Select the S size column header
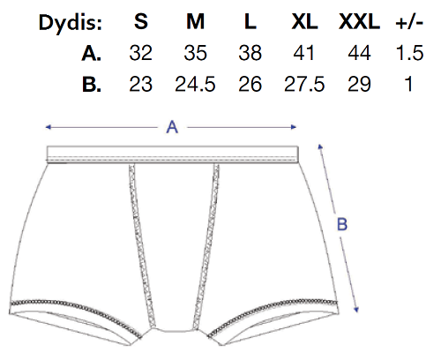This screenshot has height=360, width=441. pyautogui.click(x=141, y=21)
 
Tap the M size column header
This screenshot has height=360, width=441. pyautogui.click(x=196, y=21)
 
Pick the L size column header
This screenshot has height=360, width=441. pyautogui.click(x=250, y=21)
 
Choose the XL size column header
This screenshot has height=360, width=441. pyautogui.click(x=304, y=21)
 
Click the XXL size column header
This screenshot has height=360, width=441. pyautogui.click(x=359, y=21)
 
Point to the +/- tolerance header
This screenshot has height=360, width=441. pyautogui.click(x=409, y=22)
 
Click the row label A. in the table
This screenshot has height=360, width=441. pyautogui.click(x=92, y=54)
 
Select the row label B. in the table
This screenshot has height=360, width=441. pyautogui.click(x=92, y=85)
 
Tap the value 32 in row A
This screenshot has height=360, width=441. pyautogui.click(x=141, y=53)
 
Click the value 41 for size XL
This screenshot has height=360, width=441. pyautogui.click(x=304, y=53)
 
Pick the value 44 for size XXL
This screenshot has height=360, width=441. pyautogui.click(x=359, y=53)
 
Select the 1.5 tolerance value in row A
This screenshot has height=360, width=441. pyautogui.click(x=409, y=53)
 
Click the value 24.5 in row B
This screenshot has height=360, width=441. pyautogui.click(x=195, y=85)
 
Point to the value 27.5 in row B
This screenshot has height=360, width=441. pyautogui.click(x=304, y=85)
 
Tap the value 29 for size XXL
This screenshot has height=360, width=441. pyautogui.click(x=359, y=85)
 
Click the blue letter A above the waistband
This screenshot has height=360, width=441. pyautogui.click(x=172, y=127)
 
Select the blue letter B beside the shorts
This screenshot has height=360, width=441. pyautogui.click(x=342, y=224)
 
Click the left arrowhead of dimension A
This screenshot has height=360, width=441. pyautogui.click(x=48, y=127)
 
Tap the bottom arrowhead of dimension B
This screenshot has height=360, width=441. pyautogui.click(x=356, y=310)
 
